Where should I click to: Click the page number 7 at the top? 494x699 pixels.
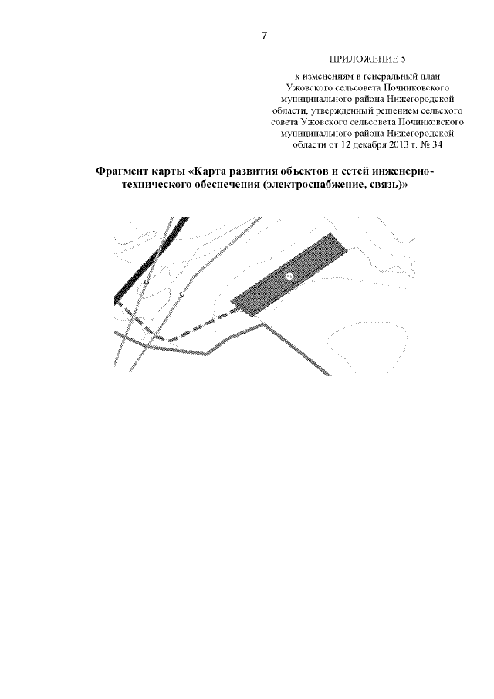(x=264, y=36)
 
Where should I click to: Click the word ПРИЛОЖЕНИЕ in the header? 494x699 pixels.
(x=364, y=59)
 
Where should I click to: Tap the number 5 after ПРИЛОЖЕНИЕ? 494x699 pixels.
(x=404, y=59)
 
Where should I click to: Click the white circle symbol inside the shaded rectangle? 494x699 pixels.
(x=289, y=277)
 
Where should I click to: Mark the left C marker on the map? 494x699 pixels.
(x=147, y=282)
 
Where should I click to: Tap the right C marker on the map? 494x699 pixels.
(x=181, y=294)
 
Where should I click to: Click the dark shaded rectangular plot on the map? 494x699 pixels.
(x=289, y=275)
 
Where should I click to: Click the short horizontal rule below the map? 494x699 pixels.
(x=265, y=398)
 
